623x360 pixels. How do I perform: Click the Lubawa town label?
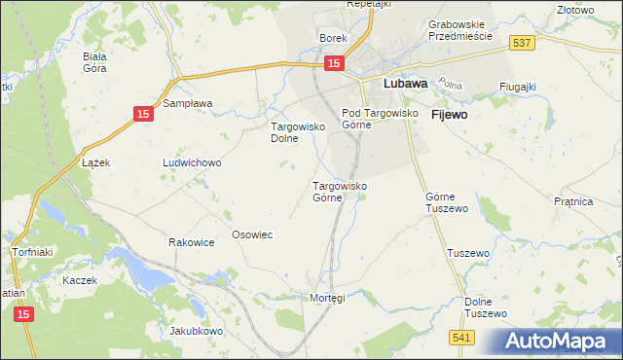coord(406,85)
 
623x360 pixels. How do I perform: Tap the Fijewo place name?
coord(449,114)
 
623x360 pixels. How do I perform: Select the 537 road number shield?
coord(521,42)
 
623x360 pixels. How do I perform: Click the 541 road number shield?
coord(462,336)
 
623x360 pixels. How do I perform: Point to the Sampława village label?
coord(188,102)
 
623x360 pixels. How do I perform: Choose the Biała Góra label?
coord(94,62)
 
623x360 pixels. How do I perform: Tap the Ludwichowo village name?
coord(192,162)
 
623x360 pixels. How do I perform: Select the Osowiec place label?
coord(251,234)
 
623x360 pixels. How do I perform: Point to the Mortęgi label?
coord(327,297)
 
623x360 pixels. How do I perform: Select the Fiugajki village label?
coord(518,87)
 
